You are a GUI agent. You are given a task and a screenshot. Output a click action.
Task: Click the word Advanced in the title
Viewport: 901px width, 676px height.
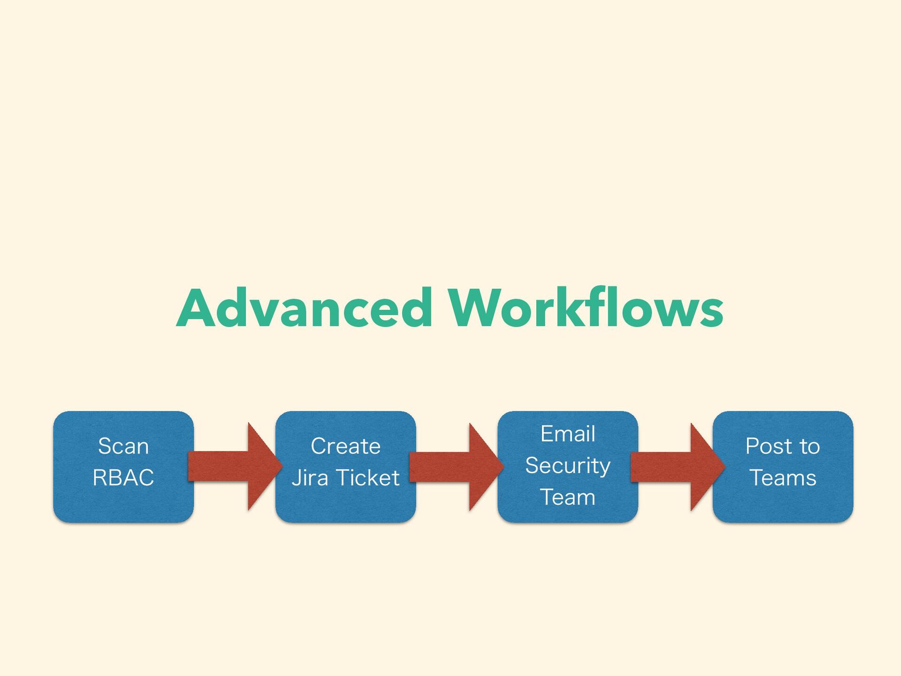(304, 308)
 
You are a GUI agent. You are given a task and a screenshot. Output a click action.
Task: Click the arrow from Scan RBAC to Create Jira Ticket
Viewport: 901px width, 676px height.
(235, 467)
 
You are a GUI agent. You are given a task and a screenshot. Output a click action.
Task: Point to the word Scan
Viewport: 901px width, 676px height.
(123, 446)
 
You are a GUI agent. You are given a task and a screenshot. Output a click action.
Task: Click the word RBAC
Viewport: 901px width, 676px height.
(123, 478)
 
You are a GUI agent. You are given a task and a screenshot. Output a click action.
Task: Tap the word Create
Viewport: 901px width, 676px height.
(345, 446)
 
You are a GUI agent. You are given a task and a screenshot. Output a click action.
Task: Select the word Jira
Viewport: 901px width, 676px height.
(310, 478)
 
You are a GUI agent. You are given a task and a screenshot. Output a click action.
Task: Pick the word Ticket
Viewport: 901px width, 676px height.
(368, 478)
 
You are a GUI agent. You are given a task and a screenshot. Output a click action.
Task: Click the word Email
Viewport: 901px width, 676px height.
(568, 434)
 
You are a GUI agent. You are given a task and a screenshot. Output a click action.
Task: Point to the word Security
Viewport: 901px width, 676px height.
(568, 466)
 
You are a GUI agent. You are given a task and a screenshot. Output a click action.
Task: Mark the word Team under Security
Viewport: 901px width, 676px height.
(568, 497)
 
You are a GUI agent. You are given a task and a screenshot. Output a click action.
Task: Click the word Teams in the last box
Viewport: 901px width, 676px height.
(783, 478)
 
